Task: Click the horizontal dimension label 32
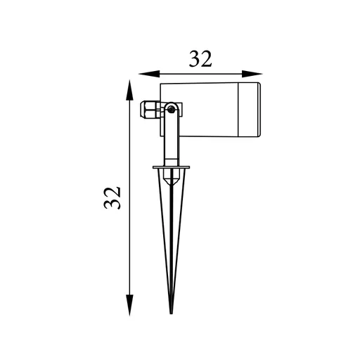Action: (x=200, y=58)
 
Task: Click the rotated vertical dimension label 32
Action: (x=112, y=198)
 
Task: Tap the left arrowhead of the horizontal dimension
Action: (x=149, y=74)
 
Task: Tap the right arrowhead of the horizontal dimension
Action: (x=252, y=74)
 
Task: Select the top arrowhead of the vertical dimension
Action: (x=129, y=90)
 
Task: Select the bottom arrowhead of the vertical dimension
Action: (x=129, y=305)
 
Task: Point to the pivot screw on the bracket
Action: (x=172, y=108)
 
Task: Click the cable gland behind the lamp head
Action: (x=150, y=109)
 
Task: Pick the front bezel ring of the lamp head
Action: (x=249, y=110)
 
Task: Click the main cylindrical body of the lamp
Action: (x=199, y=110)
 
